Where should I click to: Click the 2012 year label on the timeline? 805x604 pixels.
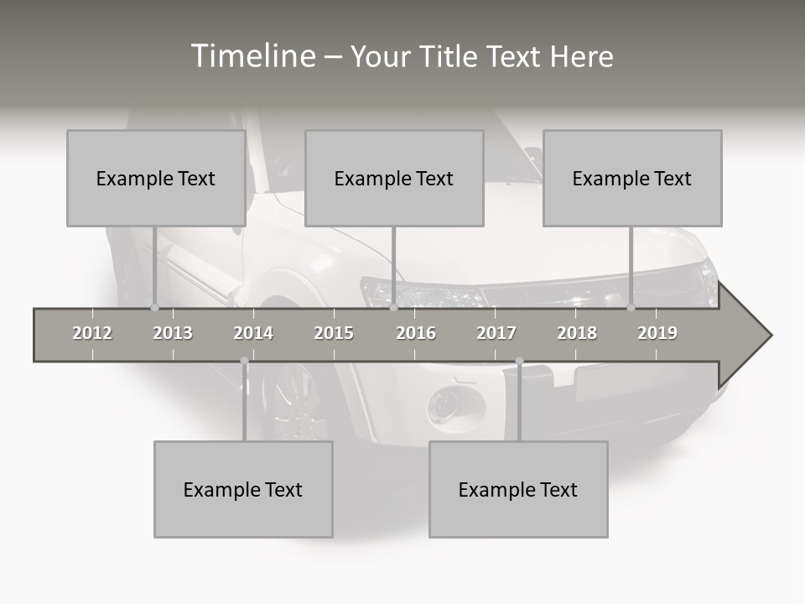pos(92,333)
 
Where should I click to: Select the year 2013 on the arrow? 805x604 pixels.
pos(173,333)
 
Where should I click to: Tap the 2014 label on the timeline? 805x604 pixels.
pos(253,333)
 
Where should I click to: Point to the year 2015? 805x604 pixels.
pos(334,333)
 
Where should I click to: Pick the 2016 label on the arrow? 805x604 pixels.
pos(416,333)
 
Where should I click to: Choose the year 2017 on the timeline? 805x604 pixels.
pos(496,333)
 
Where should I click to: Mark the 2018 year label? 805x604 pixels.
pos(577,333)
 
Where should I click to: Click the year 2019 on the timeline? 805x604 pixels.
pos(657,333)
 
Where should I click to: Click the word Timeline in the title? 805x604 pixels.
pos(252,56)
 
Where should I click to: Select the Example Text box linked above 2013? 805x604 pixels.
pos(156,178)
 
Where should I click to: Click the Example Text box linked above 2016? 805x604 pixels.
pos(394,178)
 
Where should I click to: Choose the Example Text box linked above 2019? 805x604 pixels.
pos(632,178)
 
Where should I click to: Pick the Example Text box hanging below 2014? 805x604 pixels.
pos(243,489)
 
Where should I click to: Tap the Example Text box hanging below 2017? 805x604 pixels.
pos(518,489)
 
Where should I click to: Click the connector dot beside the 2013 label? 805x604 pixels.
pos(154,307)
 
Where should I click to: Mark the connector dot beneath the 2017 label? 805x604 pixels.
pos(519,361)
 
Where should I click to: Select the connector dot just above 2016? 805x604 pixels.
pos(393,307)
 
